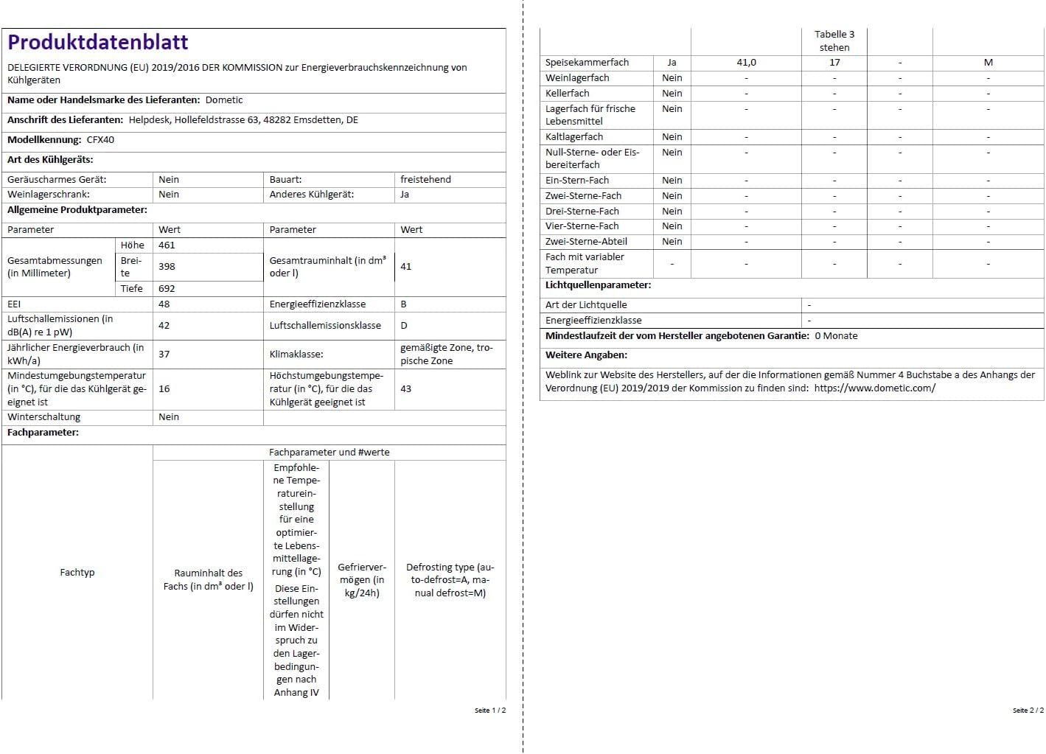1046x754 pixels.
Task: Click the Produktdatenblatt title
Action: tap(98, 43)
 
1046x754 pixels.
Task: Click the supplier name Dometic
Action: tap(223, 100)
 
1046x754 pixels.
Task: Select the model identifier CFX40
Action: tap(100, 140)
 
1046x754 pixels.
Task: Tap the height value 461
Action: tap(167, 245)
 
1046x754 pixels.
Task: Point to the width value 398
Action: tap(167, 267)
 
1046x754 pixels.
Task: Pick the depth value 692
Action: tap(167, 289)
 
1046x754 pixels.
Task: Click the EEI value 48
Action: tap(164, 304)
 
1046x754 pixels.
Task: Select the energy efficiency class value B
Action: tap(403, 304)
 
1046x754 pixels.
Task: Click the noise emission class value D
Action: tap(403, 326)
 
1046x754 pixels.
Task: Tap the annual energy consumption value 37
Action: tap(164, 355)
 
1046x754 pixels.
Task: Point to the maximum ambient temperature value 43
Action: tap(405, 389)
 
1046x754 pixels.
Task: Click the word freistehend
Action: tap(425, 180)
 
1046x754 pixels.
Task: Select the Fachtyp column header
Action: tap(77, 573)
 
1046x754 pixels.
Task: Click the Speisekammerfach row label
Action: tap(587, 63)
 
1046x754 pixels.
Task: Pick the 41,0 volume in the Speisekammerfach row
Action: tap(746, 63)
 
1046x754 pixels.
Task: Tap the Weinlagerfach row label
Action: tap(577, 78)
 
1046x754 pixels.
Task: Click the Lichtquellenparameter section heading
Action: tap(598, 285)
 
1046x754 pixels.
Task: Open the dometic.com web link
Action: tap(874, 388)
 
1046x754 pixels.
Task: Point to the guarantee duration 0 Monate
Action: tap(836, 336)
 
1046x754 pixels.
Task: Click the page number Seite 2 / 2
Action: tap(1028, 711)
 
